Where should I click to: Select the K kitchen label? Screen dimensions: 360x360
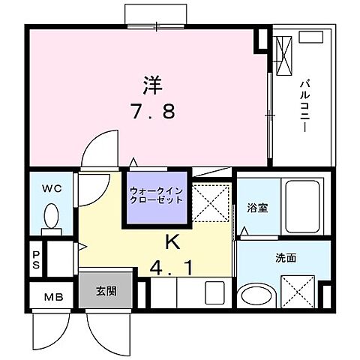[x=171, y=241]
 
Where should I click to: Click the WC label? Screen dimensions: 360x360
[x=51, y=188]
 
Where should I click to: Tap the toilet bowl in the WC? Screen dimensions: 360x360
[x=51, y=218]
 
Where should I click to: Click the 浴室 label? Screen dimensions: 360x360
[x=259, y=208]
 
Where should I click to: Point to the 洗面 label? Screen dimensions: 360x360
[x=284, y=258]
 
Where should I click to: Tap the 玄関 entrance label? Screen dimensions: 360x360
[x=105, y=290]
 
